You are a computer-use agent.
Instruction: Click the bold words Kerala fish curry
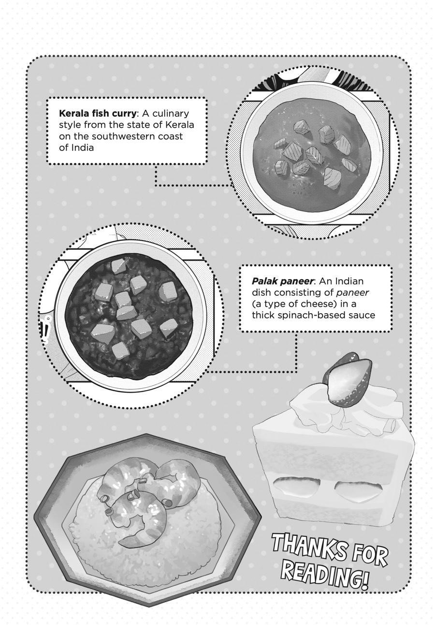(x=98, y=114)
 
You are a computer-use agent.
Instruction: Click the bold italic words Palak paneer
(x=283, y=281)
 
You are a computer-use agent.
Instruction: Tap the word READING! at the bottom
(x=323, y=569)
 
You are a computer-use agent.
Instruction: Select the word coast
(x=173, y=137)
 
